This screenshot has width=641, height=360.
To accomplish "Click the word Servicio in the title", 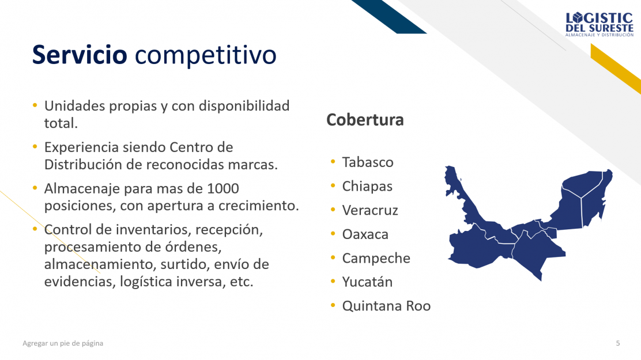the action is [x=80, y=54].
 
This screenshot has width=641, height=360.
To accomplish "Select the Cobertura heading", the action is [x=365, y=120].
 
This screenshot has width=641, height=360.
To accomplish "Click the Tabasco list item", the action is [x=368, y=162].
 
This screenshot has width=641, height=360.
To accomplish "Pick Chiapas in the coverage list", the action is [x=367, y=186].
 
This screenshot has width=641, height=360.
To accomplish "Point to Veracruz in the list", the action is [x=370, y=210].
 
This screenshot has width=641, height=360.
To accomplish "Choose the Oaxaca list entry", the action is [x=365, y=234].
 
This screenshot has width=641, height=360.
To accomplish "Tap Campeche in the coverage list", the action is [x=376, y=258].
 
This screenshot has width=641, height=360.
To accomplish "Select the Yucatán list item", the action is [x=367, y=282].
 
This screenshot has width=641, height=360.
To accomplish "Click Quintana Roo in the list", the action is [x=386, y=306].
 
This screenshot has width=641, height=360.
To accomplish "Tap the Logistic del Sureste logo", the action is [x=599, y=25].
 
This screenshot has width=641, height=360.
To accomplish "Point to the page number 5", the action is [x=618, y=343].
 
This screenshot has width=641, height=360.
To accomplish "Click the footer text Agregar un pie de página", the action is [x=63, y=343].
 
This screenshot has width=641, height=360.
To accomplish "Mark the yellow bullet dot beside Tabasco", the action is [x=333, y=161].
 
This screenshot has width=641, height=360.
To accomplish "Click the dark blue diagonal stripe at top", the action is [x=389, y=16].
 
